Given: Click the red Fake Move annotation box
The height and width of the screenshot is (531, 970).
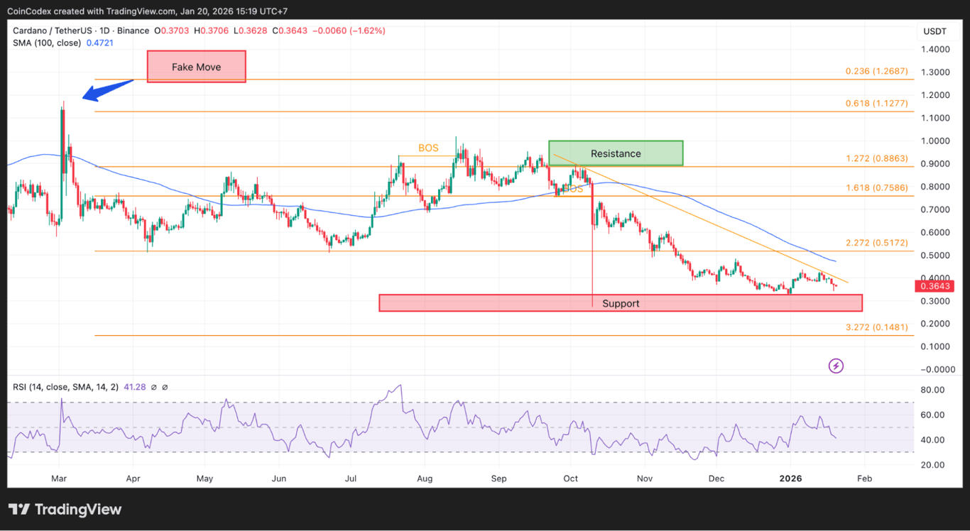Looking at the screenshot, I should (197, 67).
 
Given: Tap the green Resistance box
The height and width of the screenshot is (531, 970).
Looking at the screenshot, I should (615, 153).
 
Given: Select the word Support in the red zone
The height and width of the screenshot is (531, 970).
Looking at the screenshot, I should (621, 304).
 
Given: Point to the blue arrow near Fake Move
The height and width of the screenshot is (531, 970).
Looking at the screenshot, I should (107, 90).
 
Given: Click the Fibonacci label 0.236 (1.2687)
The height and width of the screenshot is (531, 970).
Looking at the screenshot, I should (876, 72).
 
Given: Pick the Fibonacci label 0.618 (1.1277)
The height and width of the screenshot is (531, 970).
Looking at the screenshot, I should (876, 104).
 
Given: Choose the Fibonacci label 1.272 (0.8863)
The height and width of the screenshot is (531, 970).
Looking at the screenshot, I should (876, 159).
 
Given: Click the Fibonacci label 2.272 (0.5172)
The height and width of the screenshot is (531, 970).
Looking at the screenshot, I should (876, 243).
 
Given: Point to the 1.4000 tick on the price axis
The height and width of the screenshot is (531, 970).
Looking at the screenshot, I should (936, 50).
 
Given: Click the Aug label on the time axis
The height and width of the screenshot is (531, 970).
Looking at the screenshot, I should (424, 479).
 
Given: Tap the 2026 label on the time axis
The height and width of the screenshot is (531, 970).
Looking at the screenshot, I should (790, 479).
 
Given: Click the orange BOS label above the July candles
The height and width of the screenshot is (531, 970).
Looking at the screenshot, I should (428, 148).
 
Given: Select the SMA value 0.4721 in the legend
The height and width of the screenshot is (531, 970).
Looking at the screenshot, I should (99, 43).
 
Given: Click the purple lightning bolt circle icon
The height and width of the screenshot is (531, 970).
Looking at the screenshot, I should (837, 366).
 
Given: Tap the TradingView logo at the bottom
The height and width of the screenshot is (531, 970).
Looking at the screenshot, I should (65, 510).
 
